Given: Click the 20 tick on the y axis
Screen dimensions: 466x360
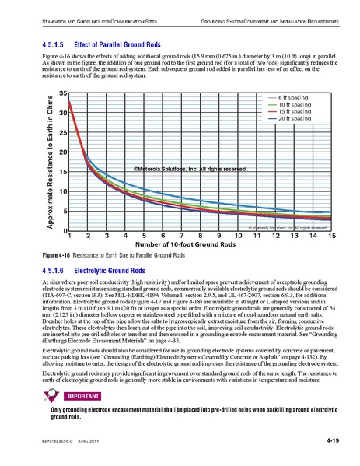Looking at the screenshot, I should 61,152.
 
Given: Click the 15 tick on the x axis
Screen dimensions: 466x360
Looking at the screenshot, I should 332,236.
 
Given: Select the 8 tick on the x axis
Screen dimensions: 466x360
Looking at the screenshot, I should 201,236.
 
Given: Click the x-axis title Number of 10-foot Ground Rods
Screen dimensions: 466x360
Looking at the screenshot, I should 200,246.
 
